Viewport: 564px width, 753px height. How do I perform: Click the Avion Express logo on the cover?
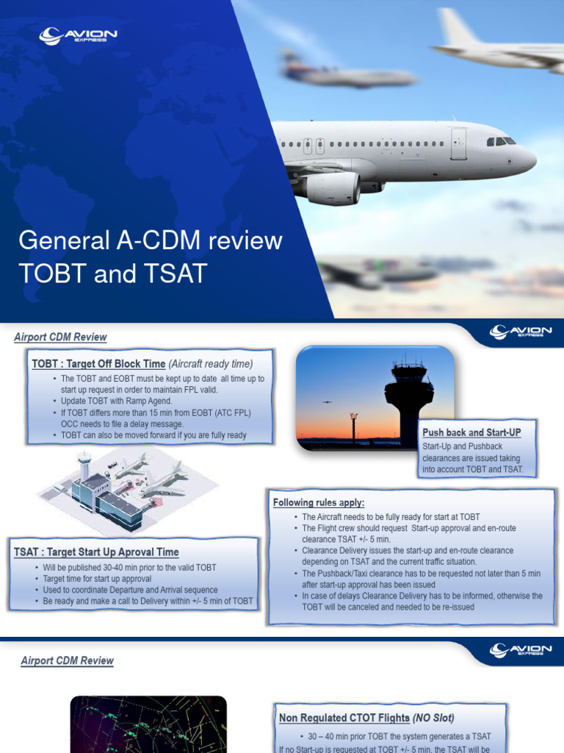[x=78, y=35]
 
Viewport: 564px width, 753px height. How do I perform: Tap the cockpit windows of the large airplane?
[x=500, y=141]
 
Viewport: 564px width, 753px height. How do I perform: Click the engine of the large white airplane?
[x=332, y=188]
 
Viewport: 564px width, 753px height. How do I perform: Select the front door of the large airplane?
[x=458, y=143]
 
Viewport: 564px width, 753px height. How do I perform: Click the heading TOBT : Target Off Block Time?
[x=98, y=363]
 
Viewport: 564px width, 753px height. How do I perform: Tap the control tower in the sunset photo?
[x=408, y=397]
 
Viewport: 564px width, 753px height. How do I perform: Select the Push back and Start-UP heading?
[x=471, y=432]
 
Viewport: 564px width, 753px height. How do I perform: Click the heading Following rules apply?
[x=319, y=503]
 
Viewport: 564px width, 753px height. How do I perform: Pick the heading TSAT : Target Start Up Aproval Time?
[x=96, y=552]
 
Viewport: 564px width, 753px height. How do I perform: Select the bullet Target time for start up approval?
[x=97, y=579]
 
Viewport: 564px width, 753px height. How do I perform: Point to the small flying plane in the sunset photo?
[x=327, y=402]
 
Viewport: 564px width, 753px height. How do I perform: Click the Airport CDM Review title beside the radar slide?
[x=67, y=660]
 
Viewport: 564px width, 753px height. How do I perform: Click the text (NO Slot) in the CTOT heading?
[x=433, y=718]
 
